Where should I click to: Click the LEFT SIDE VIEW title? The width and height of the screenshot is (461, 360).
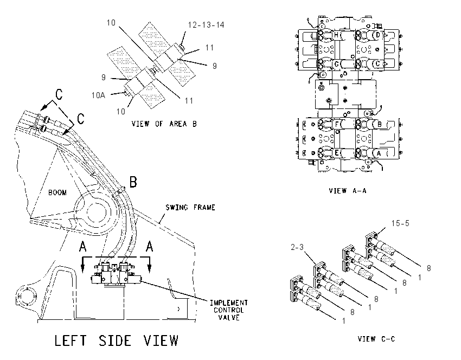[x=117, y=340]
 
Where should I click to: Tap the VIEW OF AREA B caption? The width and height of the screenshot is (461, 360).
[x=164, y=124]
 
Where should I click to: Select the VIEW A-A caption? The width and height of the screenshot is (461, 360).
[x=348, y=191]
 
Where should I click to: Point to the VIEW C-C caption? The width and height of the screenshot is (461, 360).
[x=376, y=339]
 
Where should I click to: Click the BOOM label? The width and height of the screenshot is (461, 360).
[x=57, y=192]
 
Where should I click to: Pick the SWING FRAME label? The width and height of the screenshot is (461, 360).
[x=190, y=208]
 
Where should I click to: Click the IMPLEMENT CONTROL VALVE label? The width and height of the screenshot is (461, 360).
[x=229, y=310]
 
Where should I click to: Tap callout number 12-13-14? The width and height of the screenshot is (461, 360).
[x=206, y=25]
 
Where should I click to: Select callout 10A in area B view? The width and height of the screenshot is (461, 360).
[x=98, y=95]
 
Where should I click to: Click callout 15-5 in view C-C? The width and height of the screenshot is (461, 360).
[x=400, y=223]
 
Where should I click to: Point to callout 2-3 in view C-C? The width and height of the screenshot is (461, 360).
[x=297, y=247]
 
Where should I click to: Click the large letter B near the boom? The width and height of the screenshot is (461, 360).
[x=133, y=182]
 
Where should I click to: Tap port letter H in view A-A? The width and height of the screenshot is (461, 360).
[x=336, y=35]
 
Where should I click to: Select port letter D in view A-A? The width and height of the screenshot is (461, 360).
[x=378, y=35]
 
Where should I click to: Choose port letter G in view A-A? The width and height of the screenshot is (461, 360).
[x=337, y=64]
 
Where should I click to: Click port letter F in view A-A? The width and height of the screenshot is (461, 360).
[x=337, y=124]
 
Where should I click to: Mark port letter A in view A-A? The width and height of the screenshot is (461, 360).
[x=379, y=153]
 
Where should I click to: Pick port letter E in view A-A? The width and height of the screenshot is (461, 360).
[x=337, y=153]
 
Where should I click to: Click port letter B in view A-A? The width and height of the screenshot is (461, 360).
[x=379, y=124]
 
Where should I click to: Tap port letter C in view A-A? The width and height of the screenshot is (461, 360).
[x=378, y=64]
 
